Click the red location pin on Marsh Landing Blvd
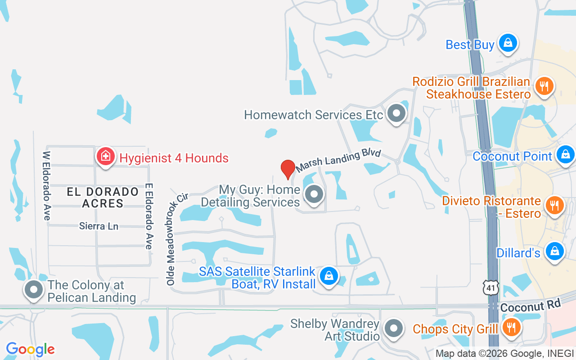pos(288,169)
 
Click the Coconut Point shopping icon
pos(566,154)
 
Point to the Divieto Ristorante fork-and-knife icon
pos(555,205)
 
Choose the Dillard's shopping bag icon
pos(555,251)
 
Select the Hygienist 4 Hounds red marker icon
pos(105,157)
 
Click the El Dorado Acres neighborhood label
pos(103,198)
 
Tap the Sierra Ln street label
pos(99,226)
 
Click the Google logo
pos(31,349)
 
